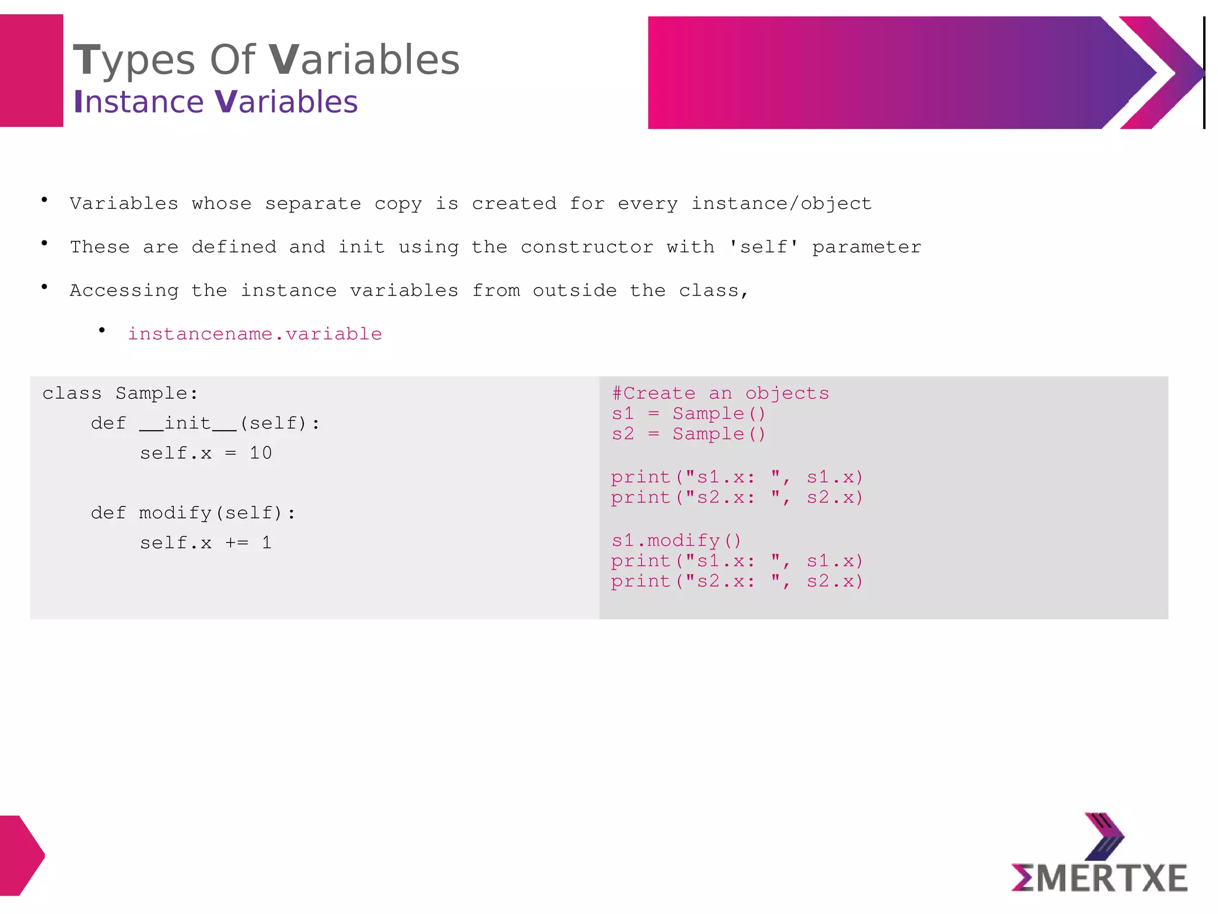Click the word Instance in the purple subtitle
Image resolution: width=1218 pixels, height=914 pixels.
point(139,102)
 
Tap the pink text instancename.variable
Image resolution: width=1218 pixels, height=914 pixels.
point(255,334)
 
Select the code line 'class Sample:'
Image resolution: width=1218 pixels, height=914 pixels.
point(120,393)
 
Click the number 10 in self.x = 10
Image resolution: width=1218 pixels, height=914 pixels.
point(260,453)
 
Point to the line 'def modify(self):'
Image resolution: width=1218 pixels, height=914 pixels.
point(193,513)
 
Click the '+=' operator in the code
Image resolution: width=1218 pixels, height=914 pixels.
point(237,543)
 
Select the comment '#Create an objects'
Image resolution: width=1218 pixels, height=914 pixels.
point(720,393)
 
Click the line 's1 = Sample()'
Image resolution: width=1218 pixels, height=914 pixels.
point(688,414)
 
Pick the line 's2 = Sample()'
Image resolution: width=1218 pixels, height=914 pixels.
point(688,434)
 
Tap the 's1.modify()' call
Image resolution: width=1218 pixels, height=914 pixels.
point(676,540)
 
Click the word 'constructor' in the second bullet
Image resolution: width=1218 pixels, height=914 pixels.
point(586,247)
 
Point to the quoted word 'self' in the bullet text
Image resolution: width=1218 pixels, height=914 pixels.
point(764,246)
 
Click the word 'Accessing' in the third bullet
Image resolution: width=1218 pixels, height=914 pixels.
point(124,290)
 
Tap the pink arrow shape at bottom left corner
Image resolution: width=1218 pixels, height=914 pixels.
point(20,855)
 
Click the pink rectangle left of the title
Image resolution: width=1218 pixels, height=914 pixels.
point(31,70)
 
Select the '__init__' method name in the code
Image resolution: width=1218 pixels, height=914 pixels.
point(187,424)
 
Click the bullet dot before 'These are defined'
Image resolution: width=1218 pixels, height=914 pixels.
point(45,243)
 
